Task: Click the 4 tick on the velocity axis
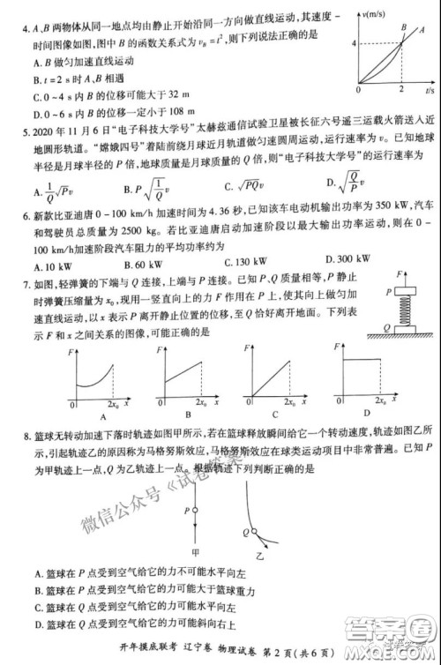click(x=353, y=42)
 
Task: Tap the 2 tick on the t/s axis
click(x=400, y=91)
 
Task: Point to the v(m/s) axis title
click(x=377, y=15)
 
